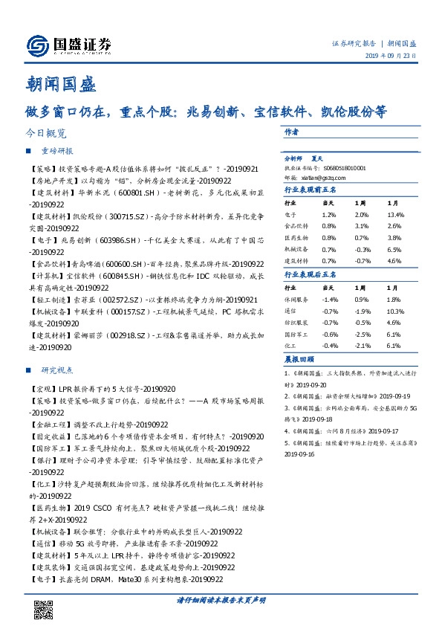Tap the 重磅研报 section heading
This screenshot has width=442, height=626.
(x=56, y=150)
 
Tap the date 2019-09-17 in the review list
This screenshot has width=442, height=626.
(x=380, y=430)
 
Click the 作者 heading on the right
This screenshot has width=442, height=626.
(x=291, y=132)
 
